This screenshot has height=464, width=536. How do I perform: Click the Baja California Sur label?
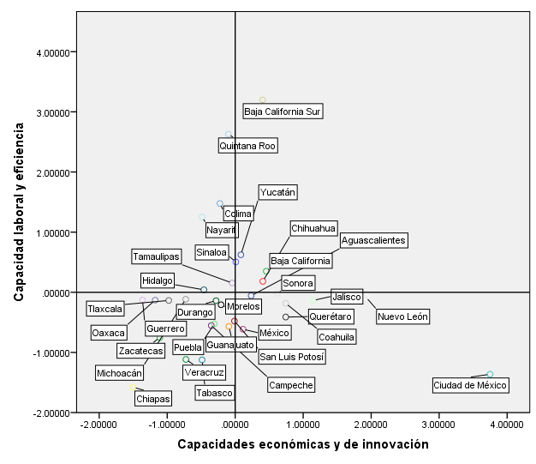283,111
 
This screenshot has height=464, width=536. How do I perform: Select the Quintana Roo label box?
247,146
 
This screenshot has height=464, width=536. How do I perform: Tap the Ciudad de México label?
470,385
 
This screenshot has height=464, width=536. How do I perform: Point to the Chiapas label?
153,399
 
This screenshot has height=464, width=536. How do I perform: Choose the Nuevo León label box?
402,316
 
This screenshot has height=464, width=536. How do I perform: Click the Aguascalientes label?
372,241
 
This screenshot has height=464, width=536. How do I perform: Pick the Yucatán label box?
277,193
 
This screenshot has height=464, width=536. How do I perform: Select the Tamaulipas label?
156,256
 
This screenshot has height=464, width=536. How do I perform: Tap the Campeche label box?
290,385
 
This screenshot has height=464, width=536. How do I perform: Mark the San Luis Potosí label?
291,357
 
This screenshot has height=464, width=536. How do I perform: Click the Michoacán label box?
119,373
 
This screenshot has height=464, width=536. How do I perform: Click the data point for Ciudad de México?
490,374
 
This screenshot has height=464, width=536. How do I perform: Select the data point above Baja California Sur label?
263,100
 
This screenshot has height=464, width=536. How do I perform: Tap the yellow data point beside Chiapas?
133,388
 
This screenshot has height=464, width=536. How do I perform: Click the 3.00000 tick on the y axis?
52,112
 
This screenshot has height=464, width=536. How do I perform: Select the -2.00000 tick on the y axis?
51,413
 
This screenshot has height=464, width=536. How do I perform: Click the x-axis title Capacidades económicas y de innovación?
302,444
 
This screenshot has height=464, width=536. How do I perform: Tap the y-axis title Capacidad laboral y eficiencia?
18,210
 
